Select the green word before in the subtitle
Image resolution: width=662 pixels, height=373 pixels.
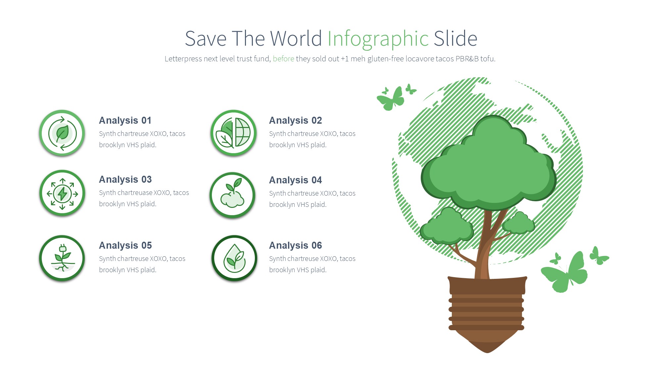coord(283,59)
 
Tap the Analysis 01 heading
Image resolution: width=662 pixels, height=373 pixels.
coord(125,120)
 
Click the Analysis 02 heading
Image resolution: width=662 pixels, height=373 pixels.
coord(296,120)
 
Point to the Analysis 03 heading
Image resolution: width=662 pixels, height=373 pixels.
coord(125,179)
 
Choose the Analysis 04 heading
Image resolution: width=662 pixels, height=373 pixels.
coord(296,180)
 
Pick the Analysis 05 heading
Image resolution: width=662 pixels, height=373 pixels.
coord(125,245)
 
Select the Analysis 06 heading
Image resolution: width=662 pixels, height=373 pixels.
coord(296,245)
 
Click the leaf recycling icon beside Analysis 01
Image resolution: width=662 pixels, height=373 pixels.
coord(62,133)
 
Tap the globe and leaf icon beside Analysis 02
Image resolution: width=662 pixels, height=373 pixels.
coord(234,133)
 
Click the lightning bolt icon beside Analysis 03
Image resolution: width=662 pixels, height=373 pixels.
coord(62,193)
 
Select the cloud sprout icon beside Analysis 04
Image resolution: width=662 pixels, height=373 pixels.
coord(233,195)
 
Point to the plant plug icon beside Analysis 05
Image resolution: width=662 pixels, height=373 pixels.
coord(62,258)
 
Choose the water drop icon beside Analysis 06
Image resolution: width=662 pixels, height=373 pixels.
coord(234,258)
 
